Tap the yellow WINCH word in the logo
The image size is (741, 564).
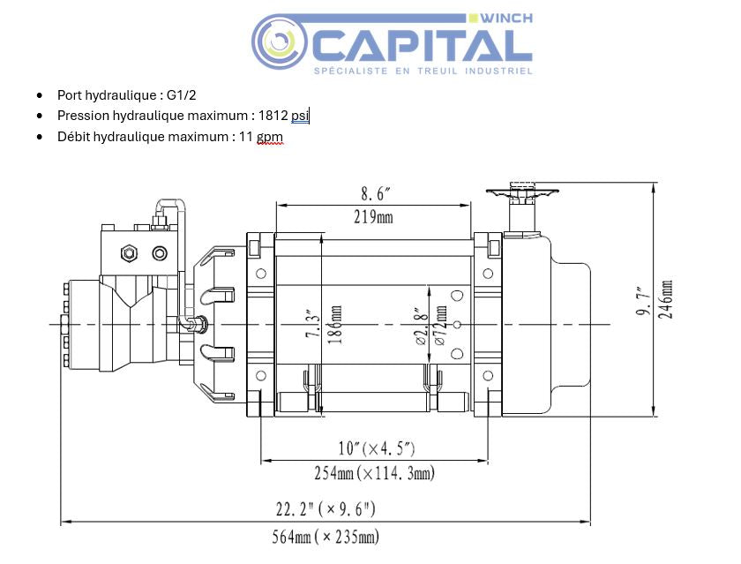507,19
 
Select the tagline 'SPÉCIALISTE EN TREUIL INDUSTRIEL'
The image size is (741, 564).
423,71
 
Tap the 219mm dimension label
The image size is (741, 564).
373,217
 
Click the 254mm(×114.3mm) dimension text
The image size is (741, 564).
374,473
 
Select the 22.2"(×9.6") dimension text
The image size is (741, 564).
326,509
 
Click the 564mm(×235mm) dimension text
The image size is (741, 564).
326,535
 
